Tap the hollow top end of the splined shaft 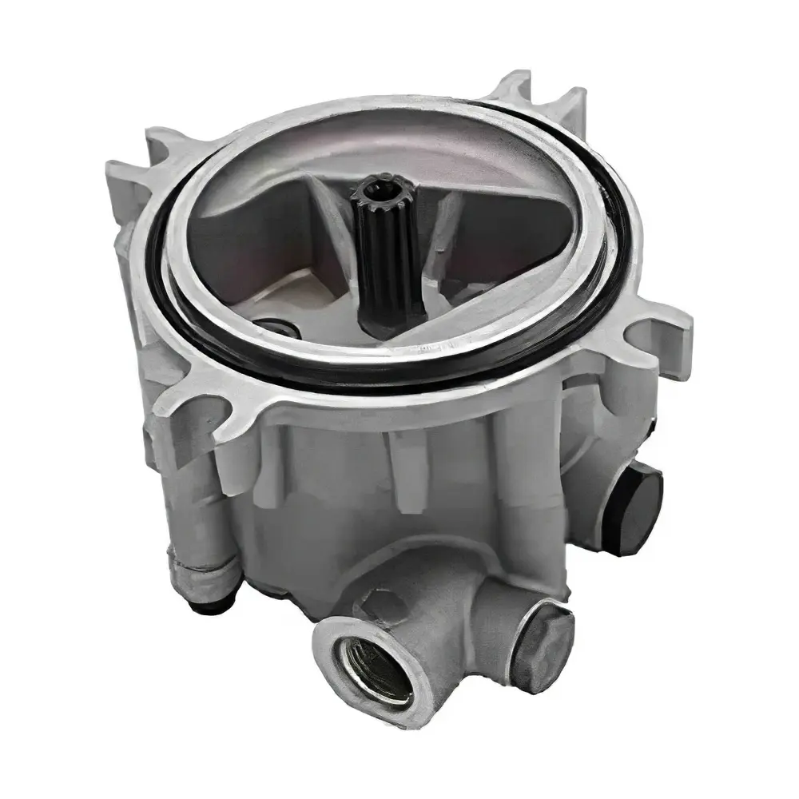coord(375,189)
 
